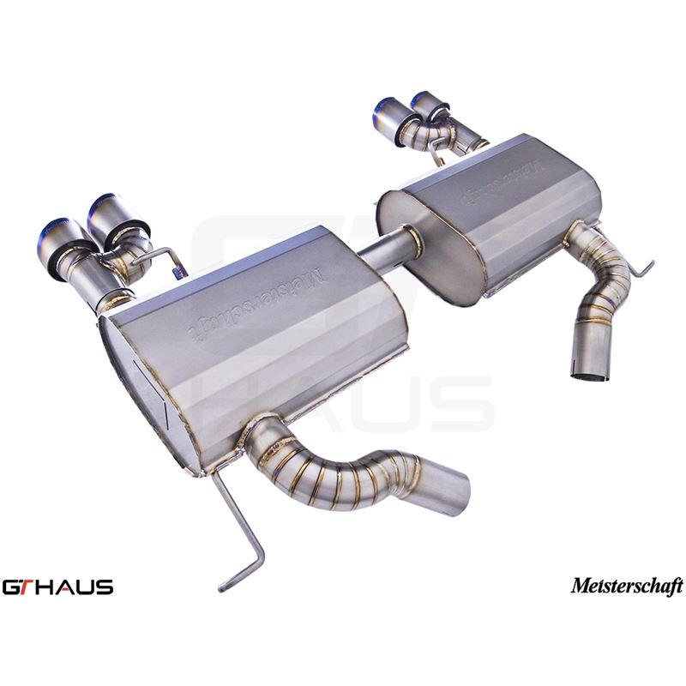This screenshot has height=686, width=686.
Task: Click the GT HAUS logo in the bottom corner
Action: click(x=57, y=587)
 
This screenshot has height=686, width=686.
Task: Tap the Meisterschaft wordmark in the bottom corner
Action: click(x=627, y=587)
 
